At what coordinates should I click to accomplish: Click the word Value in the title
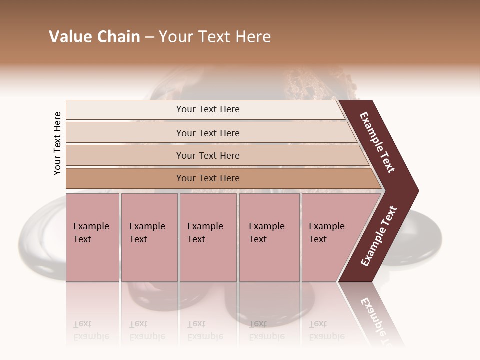pos(69,37)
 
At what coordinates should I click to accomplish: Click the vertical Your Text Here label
pos(57,143)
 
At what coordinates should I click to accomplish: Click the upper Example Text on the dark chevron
pos(378,143)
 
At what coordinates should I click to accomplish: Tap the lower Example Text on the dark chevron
pos(379,236)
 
